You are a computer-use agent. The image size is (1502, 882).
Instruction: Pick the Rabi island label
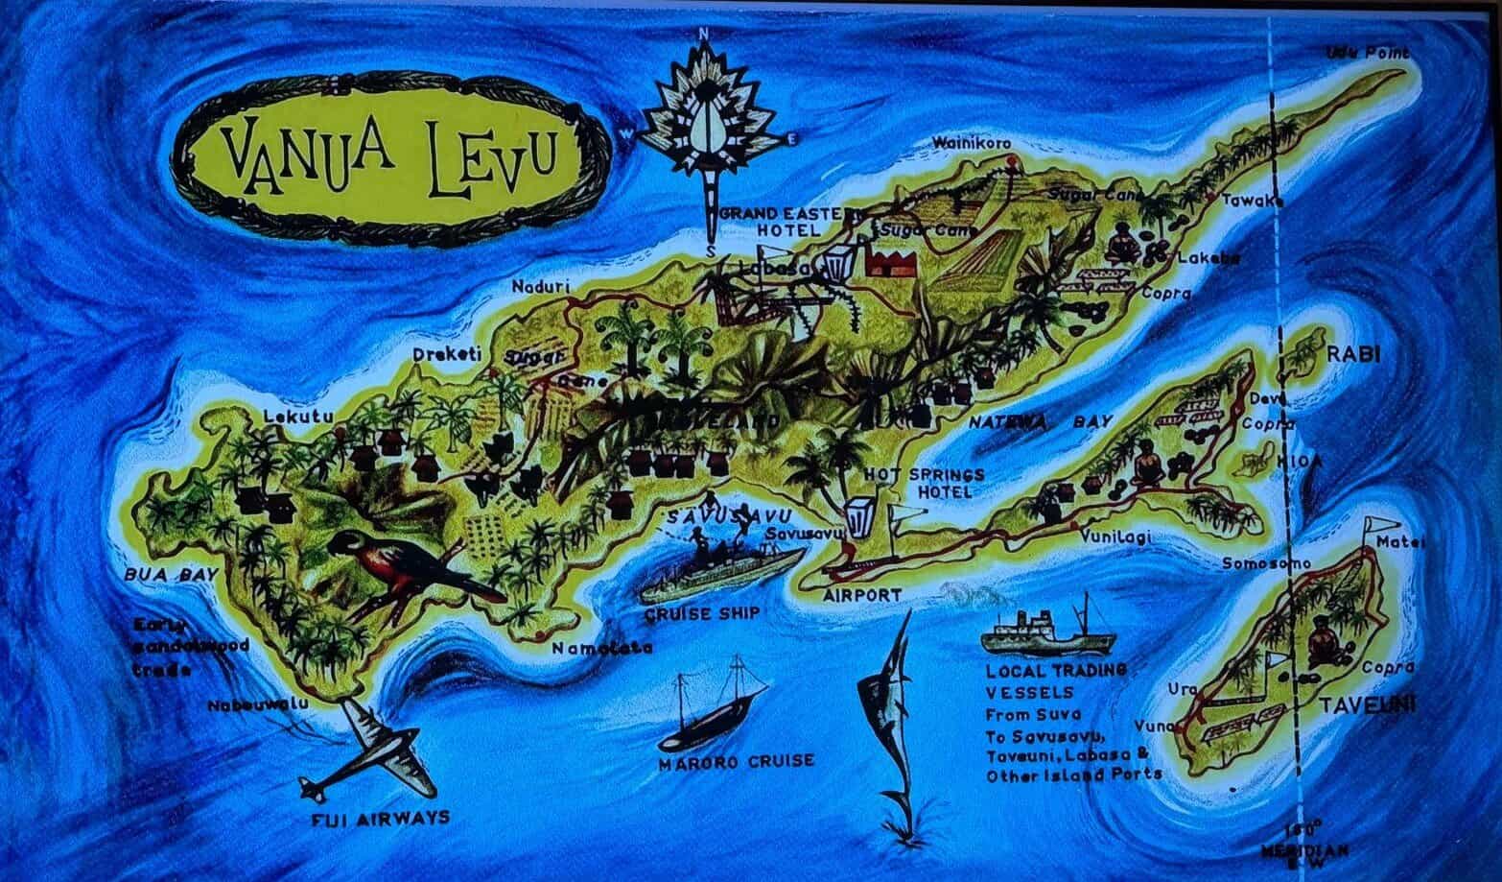click(x=1352, y=354)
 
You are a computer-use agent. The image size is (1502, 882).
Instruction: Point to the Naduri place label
click(x=541, y=286)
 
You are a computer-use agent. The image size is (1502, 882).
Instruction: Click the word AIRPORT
click(x=862, y=595)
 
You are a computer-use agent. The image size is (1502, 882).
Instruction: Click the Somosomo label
click(x=1259, y=564)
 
